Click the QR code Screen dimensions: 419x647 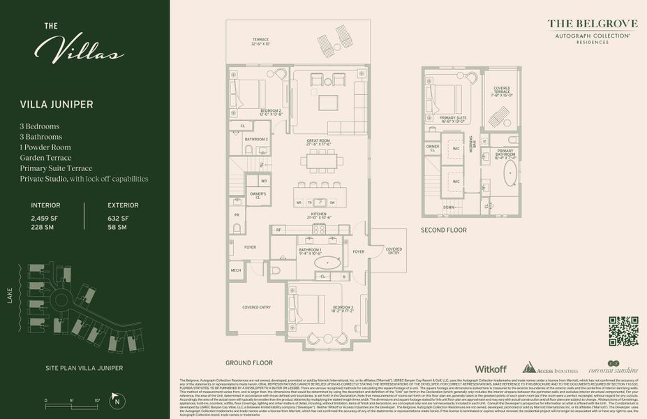click(x=623, y=331)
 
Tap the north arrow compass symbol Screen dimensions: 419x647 click(x=118, y=400)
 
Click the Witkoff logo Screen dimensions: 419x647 click(x=490, y=368)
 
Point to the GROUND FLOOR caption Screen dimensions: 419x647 click(x=249, y=363)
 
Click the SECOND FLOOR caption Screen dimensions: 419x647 click(x=443, y=229)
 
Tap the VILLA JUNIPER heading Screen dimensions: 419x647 click(x=57, y=105)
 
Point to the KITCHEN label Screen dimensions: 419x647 click(x=318, y=214)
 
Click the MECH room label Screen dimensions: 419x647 click(x=236, y=270)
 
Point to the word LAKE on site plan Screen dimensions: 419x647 click(x=10, y=297)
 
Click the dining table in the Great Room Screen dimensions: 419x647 click(x=322, y=161)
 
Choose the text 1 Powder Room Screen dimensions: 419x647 click(x=47, y=147)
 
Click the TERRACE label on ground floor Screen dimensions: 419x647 click(x=260, y=39)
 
